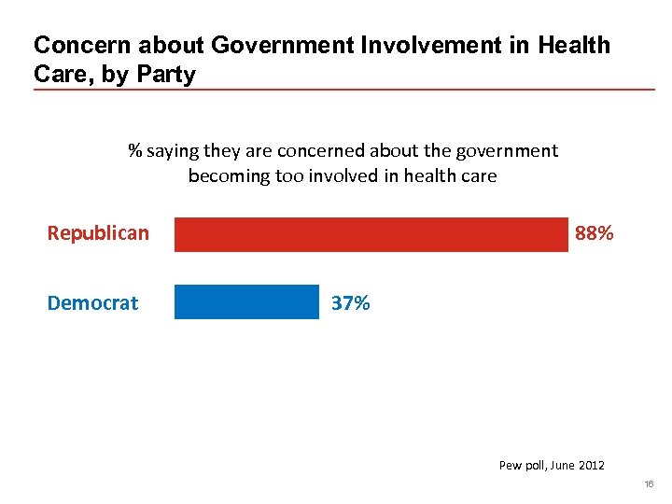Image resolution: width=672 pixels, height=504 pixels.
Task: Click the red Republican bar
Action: click(371, 234)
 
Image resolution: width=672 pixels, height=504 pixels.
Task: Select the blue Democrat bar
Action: click(246, 302)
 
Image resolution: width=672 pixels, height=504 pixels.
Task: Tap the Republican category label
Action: click(98, 233)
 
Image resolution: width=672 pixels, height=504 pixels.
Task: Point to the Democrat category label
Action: click(92, 303)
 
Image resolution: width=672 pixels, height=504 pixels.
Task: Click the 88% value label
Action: click(595, 233)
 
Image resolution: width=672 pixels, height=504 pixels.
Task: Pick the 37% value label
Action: click(351, 303)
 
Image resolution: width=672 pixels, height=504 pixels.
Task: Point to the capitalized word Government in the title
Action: click(272, 45)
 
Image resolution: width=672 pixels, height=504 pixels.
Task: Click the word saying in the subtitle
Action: click(172, 151)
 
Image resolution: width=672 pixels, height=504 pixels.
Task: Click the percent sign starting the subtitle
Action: click(134, 151)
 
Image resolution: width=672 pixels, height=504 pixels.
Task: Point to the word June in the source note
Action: click(564, 465)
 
